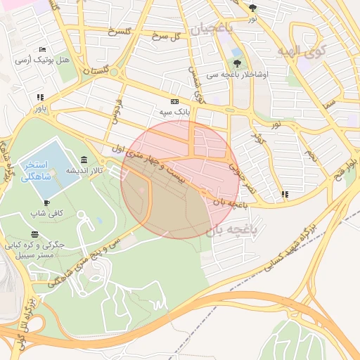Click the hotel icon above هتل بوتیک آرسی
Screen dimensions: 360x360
coord(42,49)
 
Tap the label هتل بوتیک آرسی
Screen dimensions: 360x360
coord(44,61)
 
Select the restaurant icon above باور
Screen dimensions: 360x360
coord(40,97)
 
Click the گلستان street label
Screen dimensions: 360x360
coord(97,71)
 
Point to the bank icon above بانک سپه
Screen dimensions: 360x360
coord(174,101)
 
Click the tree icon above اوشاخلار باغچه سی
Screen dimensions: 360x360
coord(236,53)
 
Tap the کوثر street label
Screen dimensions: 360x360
coord(262,137)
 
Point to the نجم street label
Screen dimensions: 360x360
coord(311,155)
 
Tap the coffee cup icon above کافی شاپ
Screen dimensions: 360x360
coord(47,202)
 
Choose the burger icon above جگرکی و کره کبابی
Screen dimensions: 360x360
coord(35,234)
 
